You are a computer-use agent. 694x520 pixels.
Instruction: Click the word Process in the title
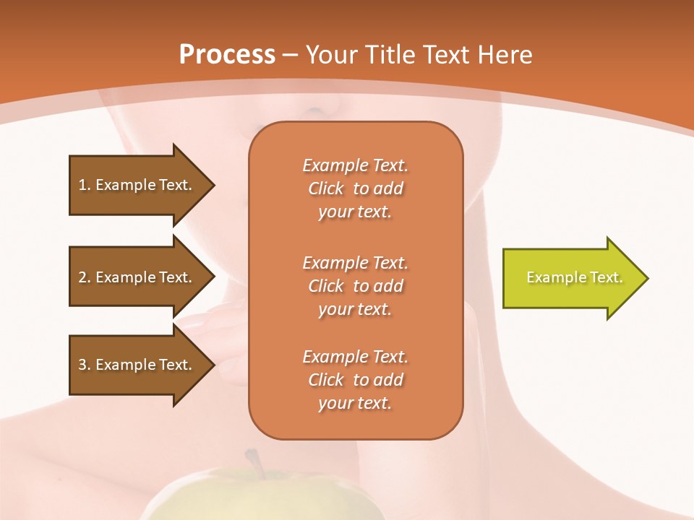pos(227,55)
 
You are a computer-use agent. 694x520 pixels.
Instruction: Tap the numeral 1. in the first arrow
pos(85,185)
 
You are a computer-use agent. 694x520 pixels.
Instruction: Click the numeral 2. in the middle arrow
pos(85,277)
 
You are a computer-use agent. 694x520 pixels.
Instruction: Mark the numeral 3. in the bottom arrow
pos(85,365)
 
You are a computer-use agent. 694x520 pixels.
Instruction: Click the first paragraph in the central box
pos(355,188)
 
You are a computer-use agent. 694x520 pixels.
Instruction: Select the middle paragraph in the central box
pos(355,286)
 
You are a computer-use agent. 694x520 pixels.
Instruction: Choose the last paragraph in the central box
pos(355,380)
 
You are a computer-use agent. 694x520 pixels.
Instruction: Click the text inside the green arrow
pos(574,277)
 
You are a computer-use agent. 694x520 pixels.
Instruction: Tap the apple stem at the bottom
pos(254,461)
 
